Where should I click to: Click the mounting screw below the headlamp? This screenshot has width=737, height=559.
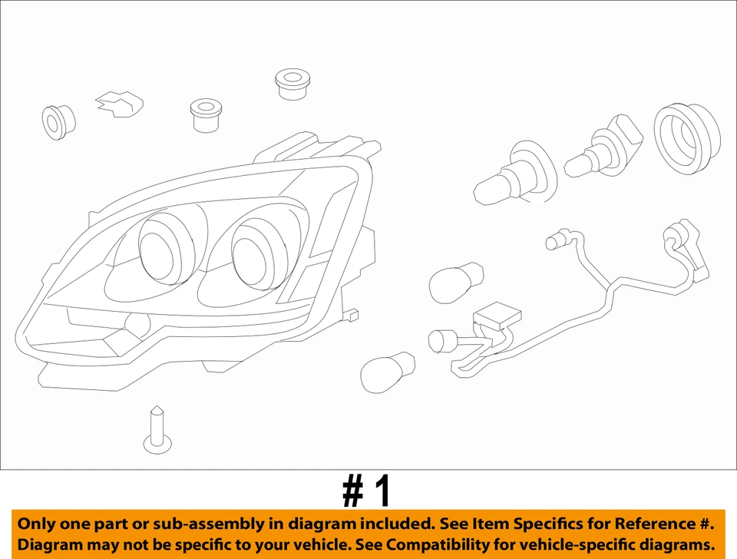pyautogui.click(x=157, y=431)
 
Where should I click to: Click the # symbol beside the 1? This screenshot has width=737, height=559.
pyautogui.click(x=352, y=491)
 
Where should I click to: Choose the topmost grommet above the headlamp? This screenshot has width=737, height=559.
pyautogui.click(x=292, y=83)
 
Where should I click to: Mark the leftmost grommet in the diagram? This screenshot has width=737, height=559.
pyautogui.click(x=58, y=121)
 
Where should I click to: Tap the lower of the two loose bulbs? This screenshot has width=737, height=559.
pyautogui.click(x=388, y=372)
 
